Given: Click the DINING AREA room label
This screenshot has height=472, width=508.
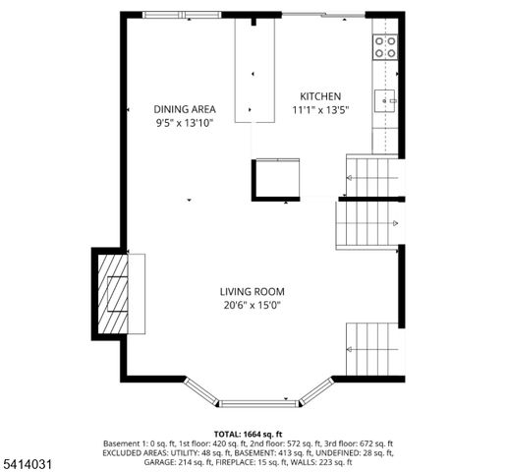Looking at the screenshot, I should point(185,109).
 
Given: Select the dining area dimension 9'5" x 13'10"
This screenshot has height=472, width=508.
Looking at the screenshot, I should point(185,123).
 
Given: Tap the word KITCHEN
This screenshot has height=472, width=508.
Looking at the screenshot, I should point(319,95).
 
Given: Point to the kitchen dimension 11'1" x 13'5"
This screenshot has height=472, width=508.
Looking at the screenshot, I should point(319,109).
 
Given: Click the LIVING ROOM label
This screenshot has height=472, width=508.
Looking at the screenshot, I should point(252,291).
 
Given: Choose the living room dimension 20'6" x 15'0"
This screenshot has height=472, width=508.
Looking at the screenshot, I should point(252,305).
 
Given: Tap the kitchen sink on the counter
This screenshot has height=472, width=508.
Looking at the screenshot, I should point(384,97).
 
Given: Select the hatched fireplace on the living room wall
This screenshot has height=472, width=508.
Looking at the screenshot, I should point(117,294).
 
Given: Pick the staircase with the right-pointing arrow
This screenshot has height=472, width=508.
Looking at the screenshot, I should point(369,223).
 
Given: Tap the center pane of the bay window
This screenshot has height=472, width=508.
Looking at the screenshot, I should point(258,402).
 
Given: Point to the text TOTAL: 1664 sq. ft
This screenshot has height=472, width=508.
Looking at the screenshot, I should point(248,434).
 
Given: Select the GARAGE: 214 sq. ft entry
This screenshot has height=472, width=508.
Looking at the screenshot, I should point(169,453).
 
